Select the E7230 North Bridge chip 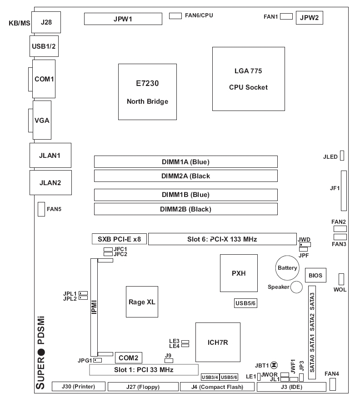pos(147,92)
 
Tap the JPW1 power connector pos(123,19)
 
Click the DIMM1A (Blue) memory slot pos(185,161)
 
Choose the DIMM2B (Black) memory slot pos(185,209)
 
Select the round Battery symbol pos(287,268)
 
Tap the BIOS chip pos(315,275)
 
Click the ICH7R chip pos(218,342)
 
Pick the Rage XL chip pos(143,302)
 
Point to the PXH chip pos(239,273)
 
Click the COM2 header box pos(129,358)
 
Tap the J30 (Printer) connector pos(78,387)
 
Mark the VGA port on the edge pos(41,121)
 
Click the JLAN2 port pos(50,182)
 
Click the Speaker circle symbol pos(297,287)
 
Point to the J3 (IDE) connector pos(291,387)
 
